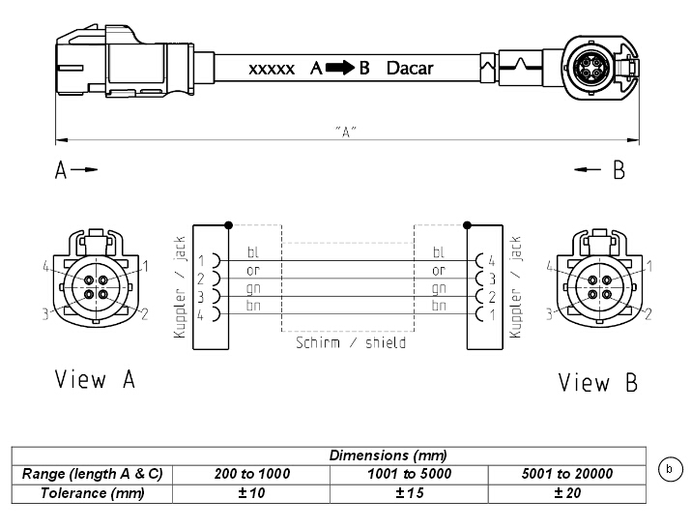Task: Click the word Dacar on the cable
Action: point(410,69)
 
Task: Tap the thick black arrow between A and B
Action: point(340,68)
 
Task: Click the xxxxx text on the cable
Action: point(272,70)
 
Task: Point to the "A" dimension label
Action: point(346,132)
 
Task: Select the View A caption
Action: point(95,379)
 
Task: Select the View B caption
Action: point(598,382)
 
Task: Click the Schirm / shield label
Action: point(351,342)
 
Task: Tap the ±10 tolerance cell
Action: point(251,493)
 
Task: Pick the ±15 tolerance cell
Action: point(410,493)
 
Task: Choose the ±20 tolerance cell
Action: point(567,493)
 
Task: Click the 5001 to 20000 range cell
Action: point(567,474)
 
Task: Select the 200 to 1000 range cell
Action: point(252,474)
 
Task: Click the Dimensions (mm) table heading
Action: point(389,456)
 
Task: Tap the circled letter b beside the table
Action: point(671,469)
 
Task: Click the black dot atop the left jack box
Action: point(228,225)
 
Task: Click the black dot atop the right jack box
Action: point(468,225)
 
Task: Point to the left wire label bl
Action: point(253,252)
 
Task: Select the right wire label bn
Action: point(439,306)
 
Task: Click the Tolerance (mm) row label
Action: point(92,493)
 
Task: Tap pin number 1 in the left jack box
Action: point(201,261)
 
